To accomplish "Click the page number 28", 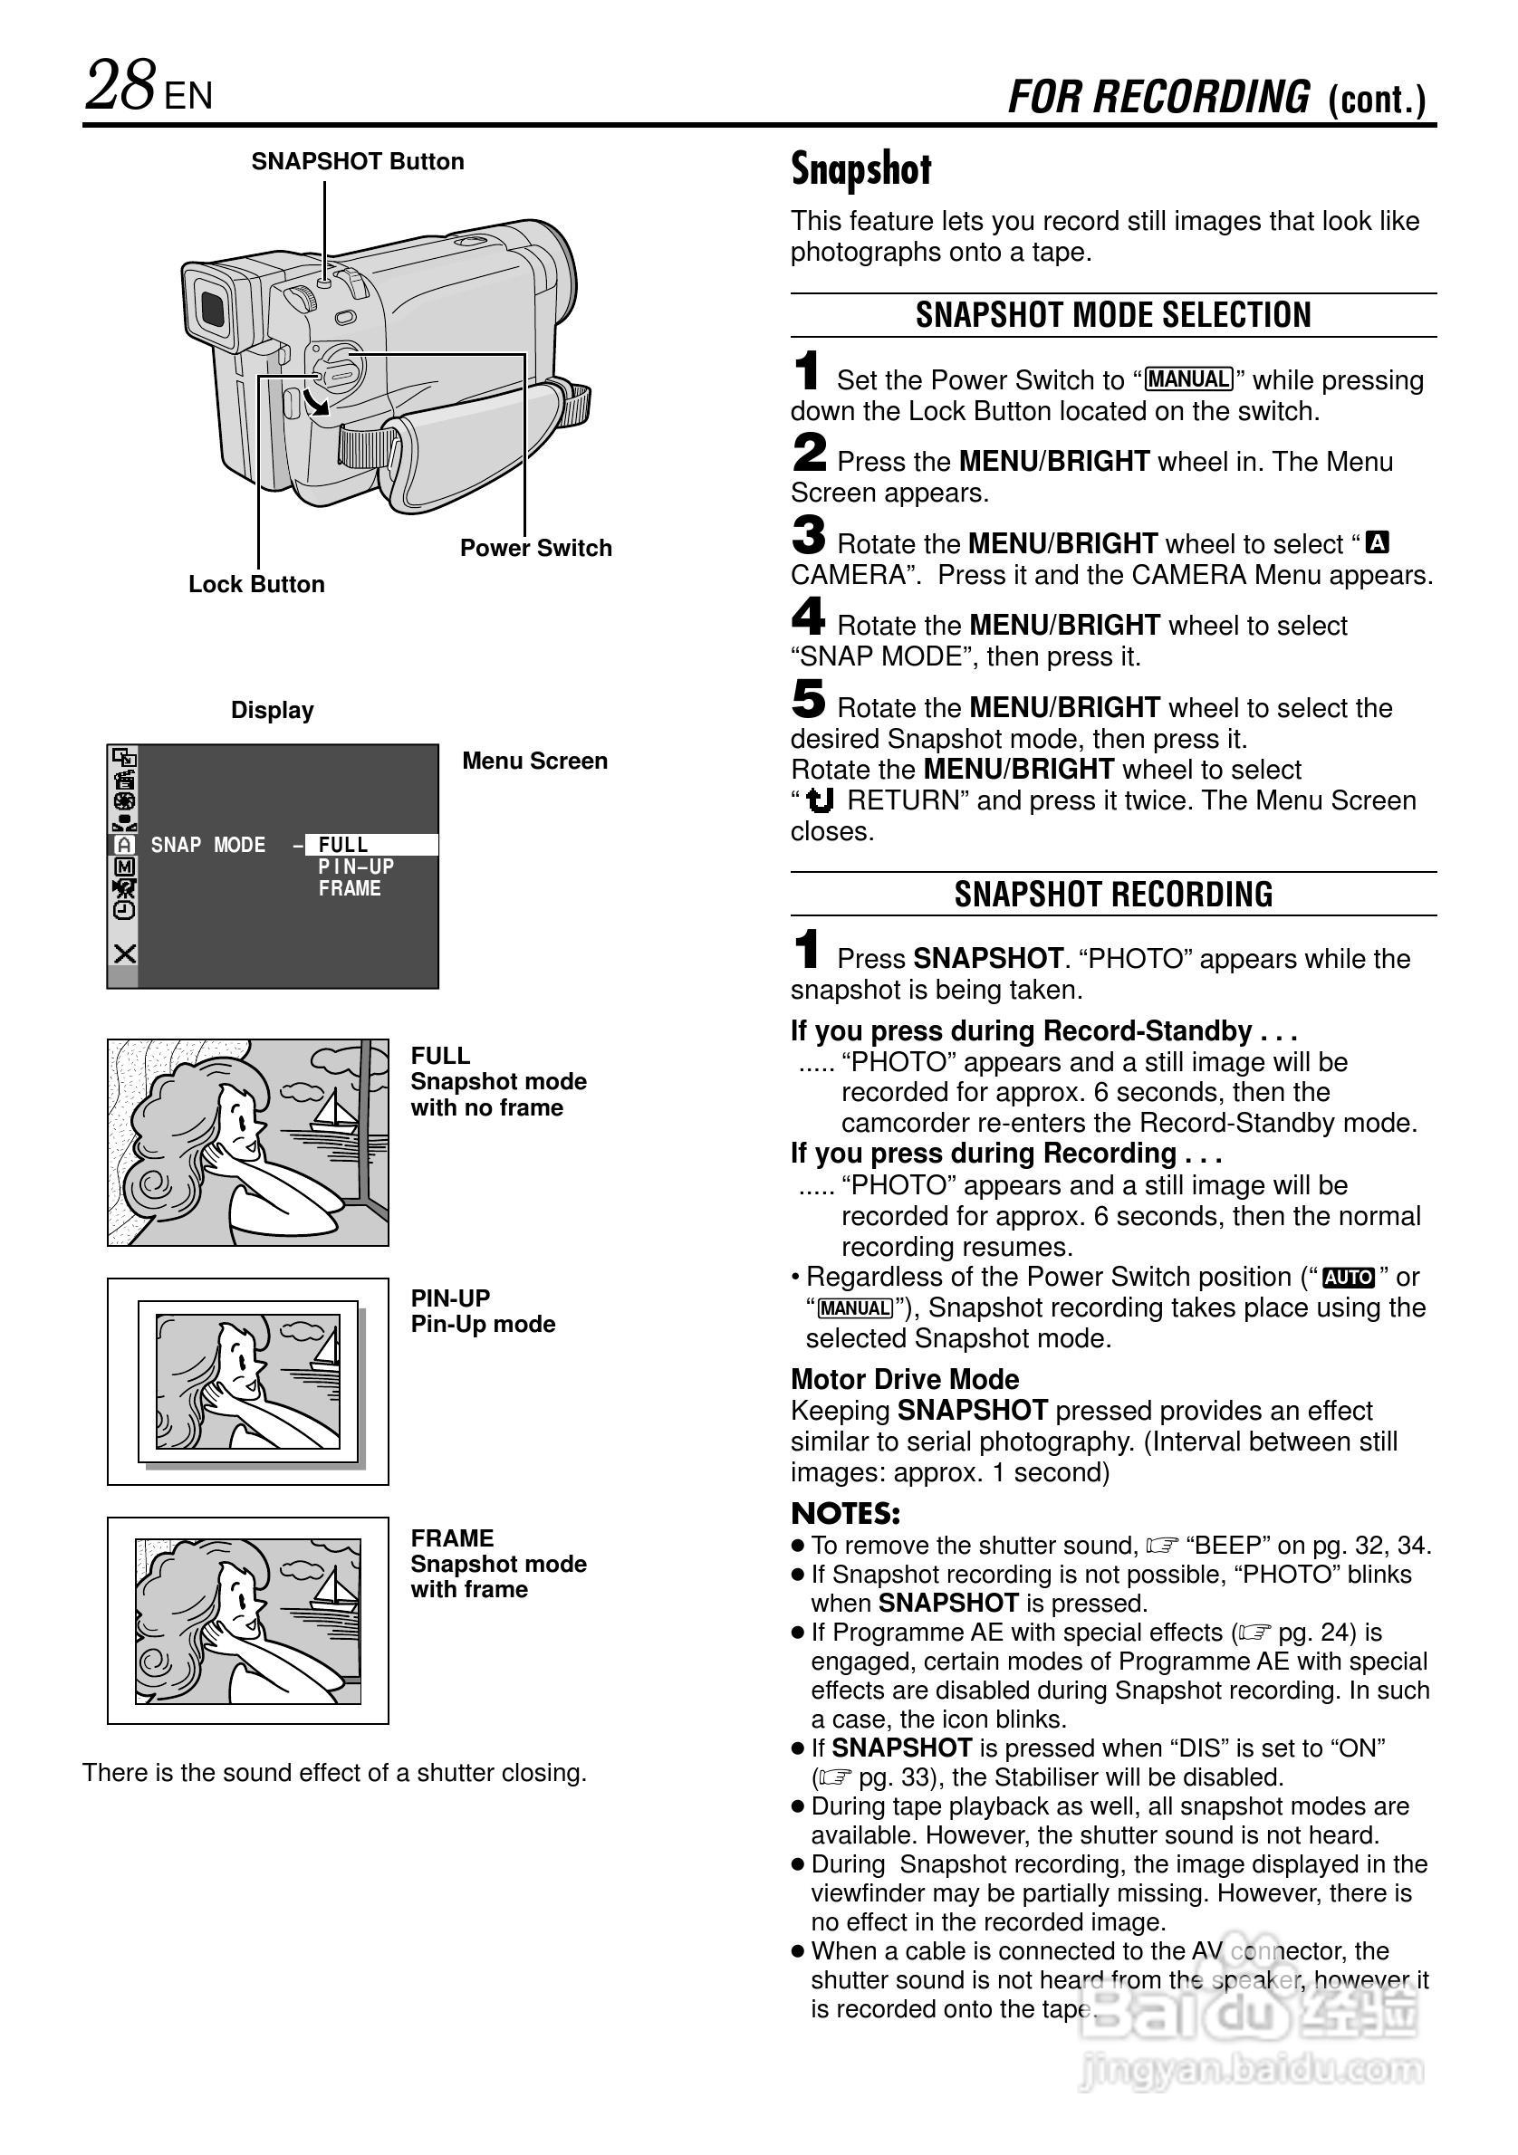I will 120,86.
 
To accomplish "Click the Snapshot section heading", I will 860,170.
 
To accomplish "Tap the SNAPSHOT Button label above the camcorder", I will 358,161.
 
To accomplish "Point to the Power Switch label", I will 535,548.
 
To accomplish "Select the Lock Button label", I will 256,585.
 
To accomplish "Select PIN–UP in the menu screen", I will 356,867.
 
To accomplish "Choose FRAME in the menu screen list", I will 350,889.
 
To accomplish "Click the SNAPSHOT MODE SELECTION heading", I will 1113,315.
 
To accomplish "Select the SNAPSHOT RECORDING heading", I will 1113,895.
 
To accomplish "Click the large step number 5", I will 808,699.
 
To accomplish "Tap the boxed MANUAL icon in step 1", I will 1188,379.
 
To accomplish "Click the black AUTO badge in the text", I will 1348,1278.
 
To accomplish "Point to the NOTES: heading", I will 846,1514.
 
